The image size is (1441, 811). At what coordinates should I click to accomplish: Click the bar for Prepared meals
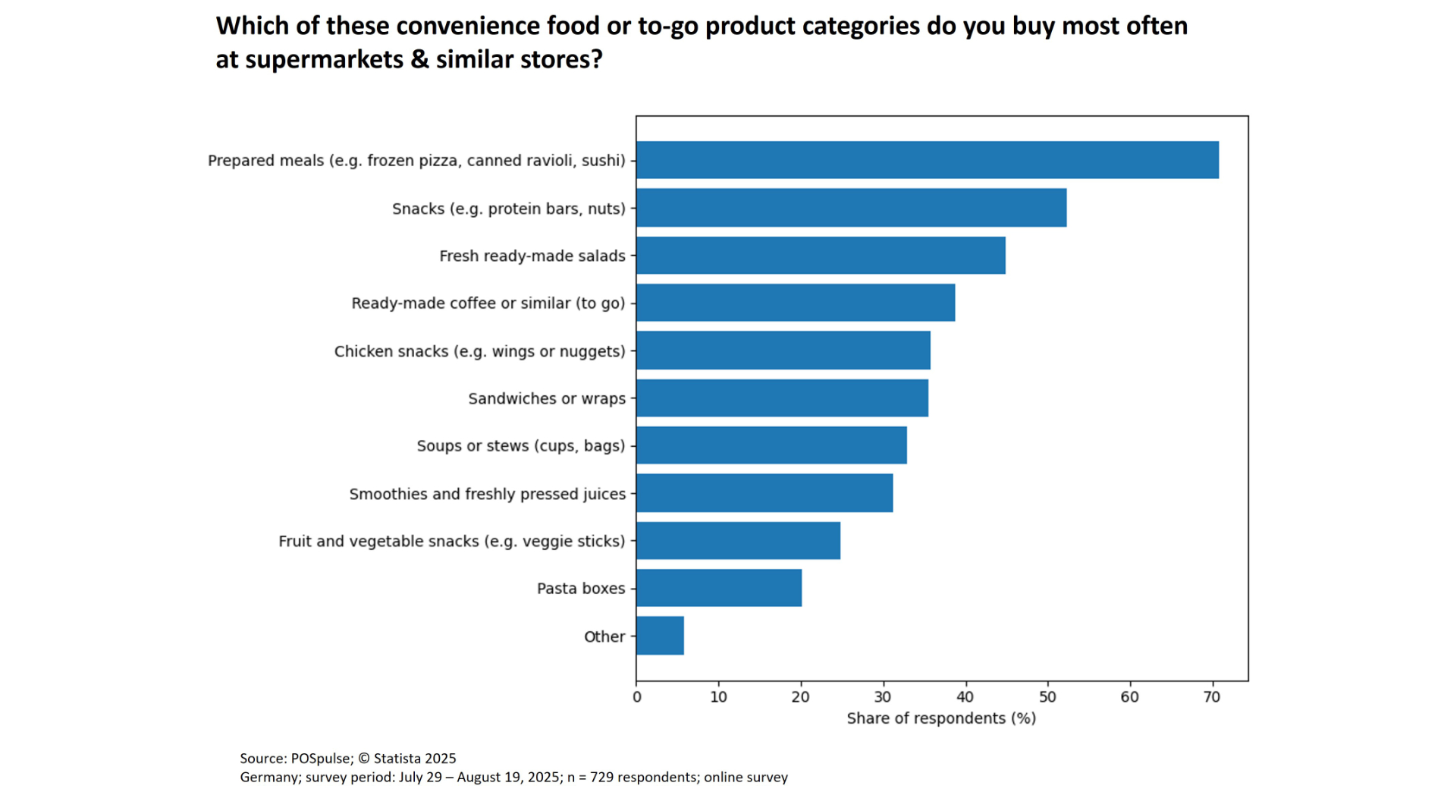click(927, 160)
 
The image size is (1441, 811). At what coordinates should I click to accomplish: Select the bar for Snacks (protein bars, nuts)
click(851, 208)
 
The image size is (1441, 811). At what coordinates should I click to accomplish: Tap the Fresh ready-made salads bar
click(821, 256)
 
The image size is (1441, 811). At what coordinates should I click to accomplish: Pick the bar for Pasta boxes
click(718, 588)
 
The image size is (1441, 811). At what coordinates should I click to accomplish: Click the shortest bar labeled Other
click(660, 636)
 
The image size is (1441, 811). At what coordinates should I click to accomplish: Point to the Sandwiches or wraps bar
click(782, 398)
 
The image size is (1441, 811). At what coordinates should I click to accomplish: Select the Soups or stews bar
click(771, 445)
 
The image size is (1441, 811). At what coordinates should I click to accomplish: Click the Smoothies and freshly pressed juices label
click(487, 494)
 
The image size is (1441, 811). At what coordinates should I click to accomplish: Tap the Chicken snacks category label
click(479, 351)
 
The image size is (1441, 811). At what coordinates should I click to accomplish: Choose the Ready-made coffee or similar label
click(488, 303)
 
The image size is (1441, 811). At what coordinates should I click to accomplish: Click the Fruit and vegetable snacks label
click(451, 541)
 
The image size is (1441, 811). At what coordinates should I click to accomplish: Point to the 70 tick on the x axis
click(1212, 697)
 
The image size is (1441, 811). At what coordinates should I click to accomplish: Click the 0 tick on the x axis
click(637, 697)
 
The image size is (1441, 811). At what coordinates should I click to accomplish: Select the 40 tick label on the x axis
click(965, 697)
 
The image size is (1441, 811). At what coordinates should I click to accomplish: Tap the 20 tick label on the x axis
click(801, 697)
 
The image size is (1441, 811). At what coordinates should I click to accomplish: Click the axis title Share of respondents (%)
click(941, 718)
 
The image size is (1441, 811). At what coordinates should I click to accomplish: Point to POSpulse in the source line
click(322, 758)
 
